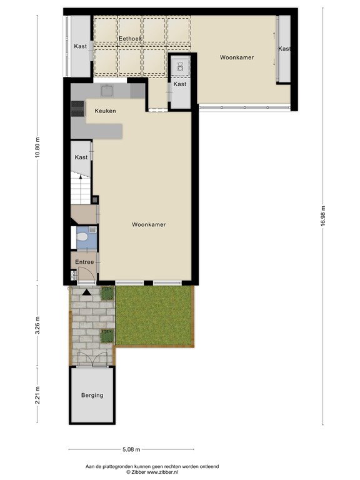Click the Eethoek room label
(x=130, y=39)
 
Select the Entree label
(x=84, y=262)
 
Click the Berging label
(x=92, y=395)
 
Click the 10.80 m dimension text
(x=37, y=147)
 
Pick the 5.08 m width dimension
(x=131, y=449)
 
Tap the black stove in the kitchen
(x=78, y=109)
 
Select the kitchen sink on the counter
(x=106, y=91)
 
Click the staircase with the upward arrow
(x=81, y=188)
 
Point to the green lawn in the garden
(x=154, y=316)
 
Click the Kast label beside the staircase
(x=81, y=157)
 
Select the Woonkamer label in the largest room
(x=149, y=224)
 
